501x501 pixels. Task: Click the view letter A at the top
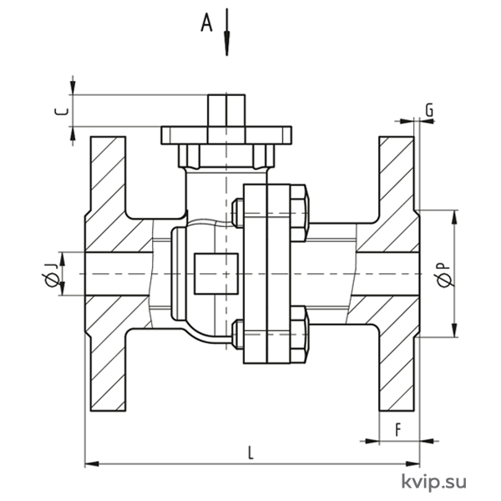pyautogui.click(x=207, y=23)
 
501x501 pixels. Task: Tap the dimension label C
pyautogui.click(x=62, y=111)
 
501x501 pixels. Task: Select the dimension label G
pyautogui.click(x=429, y=110)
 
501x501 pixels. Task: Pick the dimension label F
pyautogui.click(x=397, y=430)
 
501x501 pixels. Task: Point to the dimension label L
pyautogui.click(x=251, y=453)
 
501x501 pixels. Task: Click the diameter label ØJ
pyautogui.click(x=51, y=275)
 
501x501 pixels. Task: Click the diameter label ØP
pyautogui.click(x=445, y=275)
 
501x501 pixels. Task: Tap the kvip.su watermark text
pyautogui.click(x=434, y=480)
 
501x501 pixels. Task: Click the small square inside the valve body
pyautogui.click(x=216, y=274)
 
